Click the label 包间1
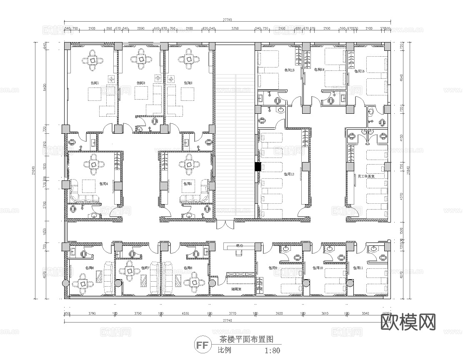click(95, 83)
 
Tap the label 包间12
click(289, 174)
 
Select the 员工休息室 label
click(366, 176)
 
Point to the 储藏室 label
click(236, 289)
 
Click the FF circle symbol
click(202, 345)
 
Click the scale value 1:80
click(273, 350)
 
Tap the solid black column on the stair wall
click(258, 167)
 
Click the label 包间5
click(187, 183)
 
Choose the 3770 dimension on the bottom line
click(233, 314)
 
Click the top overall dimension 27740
click(227, 19)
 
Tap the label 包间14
click(319, 70)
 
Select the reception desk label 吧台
click(239, 245)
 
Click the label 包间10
click(318, 268)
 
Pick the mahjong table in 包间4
click(94, 165)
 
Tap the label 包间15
click(359, 71)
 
